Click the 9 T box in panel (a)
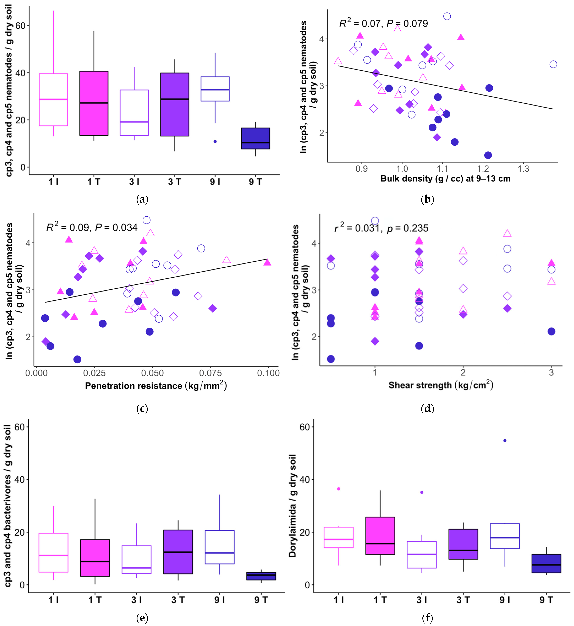point(255,138)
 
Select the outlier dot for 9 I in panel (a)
point(215,142)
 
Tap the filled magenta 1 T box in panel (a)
point(94,103)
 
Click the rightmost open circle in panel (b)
point(553,64)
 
